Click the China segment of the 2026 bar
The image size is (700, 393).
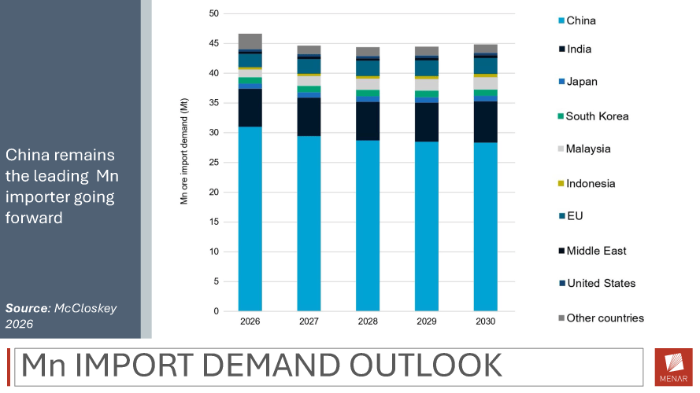pos(250,219)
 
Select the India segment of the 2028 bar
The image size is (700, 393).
pos(368,121)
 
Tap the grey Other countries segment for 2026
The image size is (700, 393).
pos(250,42)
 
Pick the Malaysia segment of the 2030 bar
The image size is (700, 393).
pos(486,83)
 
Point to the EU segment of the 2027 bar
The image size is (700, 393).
pos(309,66)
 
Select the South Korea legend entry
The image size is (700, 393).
pos(593,116)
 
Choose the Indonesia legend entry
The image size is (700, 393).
pos(587,184)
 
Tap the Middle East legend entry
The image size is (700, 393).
pos(592,251)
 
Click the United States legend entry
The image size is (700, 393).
pos(597,284)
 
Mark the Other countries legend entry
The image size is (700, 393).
pos(601,318)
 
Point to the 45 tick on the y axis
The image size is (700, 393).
pos(214,44)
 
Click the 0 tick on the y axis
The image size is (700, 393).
pos(217,311)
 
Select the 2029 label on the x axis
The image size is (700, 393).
pos(427,321)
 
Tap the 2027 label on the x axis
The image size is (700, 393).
pos(309,321)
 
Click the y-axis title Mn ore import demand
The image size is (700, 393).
pos(184,152)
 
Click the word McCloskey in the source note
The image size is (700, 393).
pos(85,308)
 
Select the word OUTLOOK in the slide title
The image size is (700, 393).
pos(425,365)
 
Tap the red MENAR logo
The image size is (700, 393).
pos(674,367)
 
